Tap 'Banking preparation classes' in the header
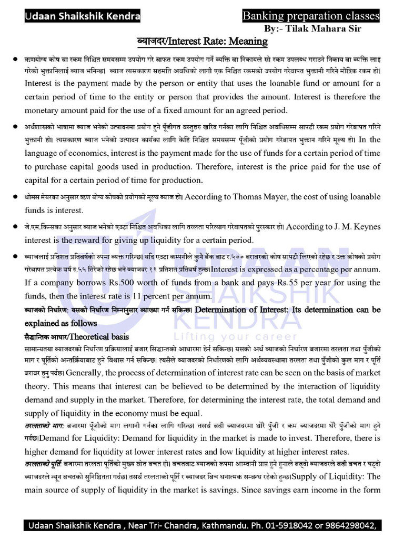click(x=310, y=17)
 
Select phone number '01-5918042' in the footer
click(x=281, y=526)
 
